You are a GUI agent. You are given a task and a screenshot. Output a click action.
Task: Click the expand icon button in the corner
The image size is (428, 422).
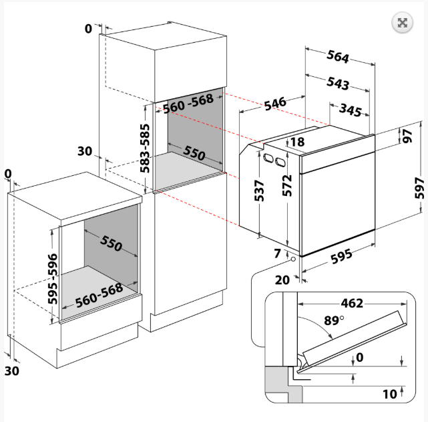(x=402, y=23)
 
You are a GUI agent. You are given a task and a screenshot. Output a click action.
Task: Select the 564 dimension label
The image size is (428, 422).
(x=338, y=57)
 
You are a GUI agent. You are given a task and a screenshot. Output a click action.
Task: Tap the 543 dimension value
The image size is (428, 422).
(x=339, y=84)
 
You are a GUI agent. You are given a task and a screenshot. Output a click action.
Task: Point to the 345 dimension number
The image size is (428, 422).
(x=351, y=108)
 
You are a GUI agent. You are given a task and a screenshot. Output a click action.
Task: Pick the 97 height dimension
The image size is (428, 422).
(x=406, y=136)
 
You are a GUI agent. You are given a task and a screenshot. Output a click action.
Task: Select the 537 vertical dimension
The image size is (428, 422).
(x=260, y=190)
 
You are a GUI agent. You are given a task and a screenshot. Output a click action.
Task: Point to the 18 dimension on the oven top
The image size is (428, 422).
(x=297, y=142)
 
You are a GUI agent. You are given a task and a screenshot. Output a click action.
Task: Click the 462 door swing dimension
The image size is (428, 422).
(x=351, y=303)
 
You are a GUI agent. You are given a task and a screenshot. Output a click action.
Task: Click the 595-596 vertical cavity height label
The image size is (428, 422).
(x=53, y=278)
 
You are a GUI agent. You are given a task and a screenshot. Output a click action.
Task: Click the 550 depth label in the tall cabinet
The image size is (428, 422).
(x=194, y=154)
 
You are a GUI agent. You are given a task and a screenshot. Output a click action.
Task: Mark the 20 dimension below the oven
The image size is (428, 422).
(x=282, y=280)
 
